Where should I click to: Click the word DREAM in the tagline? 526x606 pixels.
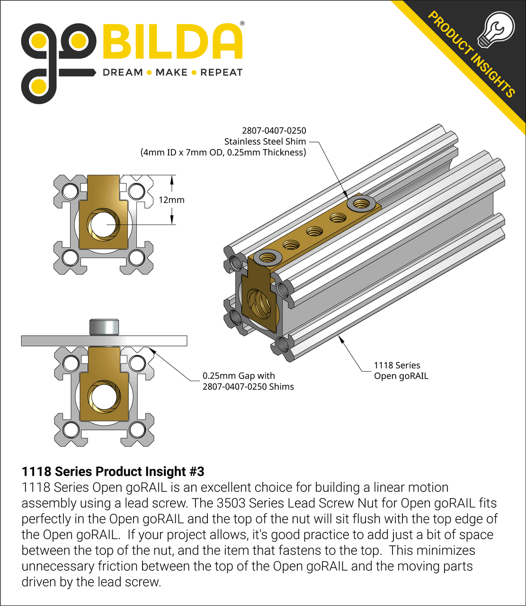(123, 72)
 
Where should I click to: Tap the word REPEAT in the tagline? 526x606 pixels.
(221, 72)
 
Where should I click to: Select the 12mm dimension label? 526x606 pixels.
(171, 200)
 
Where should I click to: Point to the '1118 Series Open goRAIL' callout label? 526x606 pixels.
(401, 371)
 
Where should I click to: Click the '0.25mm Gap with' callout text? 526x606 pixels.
(239, 375)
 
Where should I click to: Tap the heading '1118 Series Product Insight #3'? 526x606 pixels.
(113, 472)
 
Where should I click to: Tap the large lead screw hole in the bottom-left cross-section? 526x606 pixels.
(103, 397)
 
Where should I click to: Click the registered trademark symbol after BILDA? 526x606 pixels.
(242, 23)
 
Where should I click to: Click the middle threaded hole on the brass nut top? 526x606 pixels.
(314, 232)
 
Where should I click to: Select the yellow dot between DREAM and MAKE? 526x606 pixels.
(149, 72)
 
